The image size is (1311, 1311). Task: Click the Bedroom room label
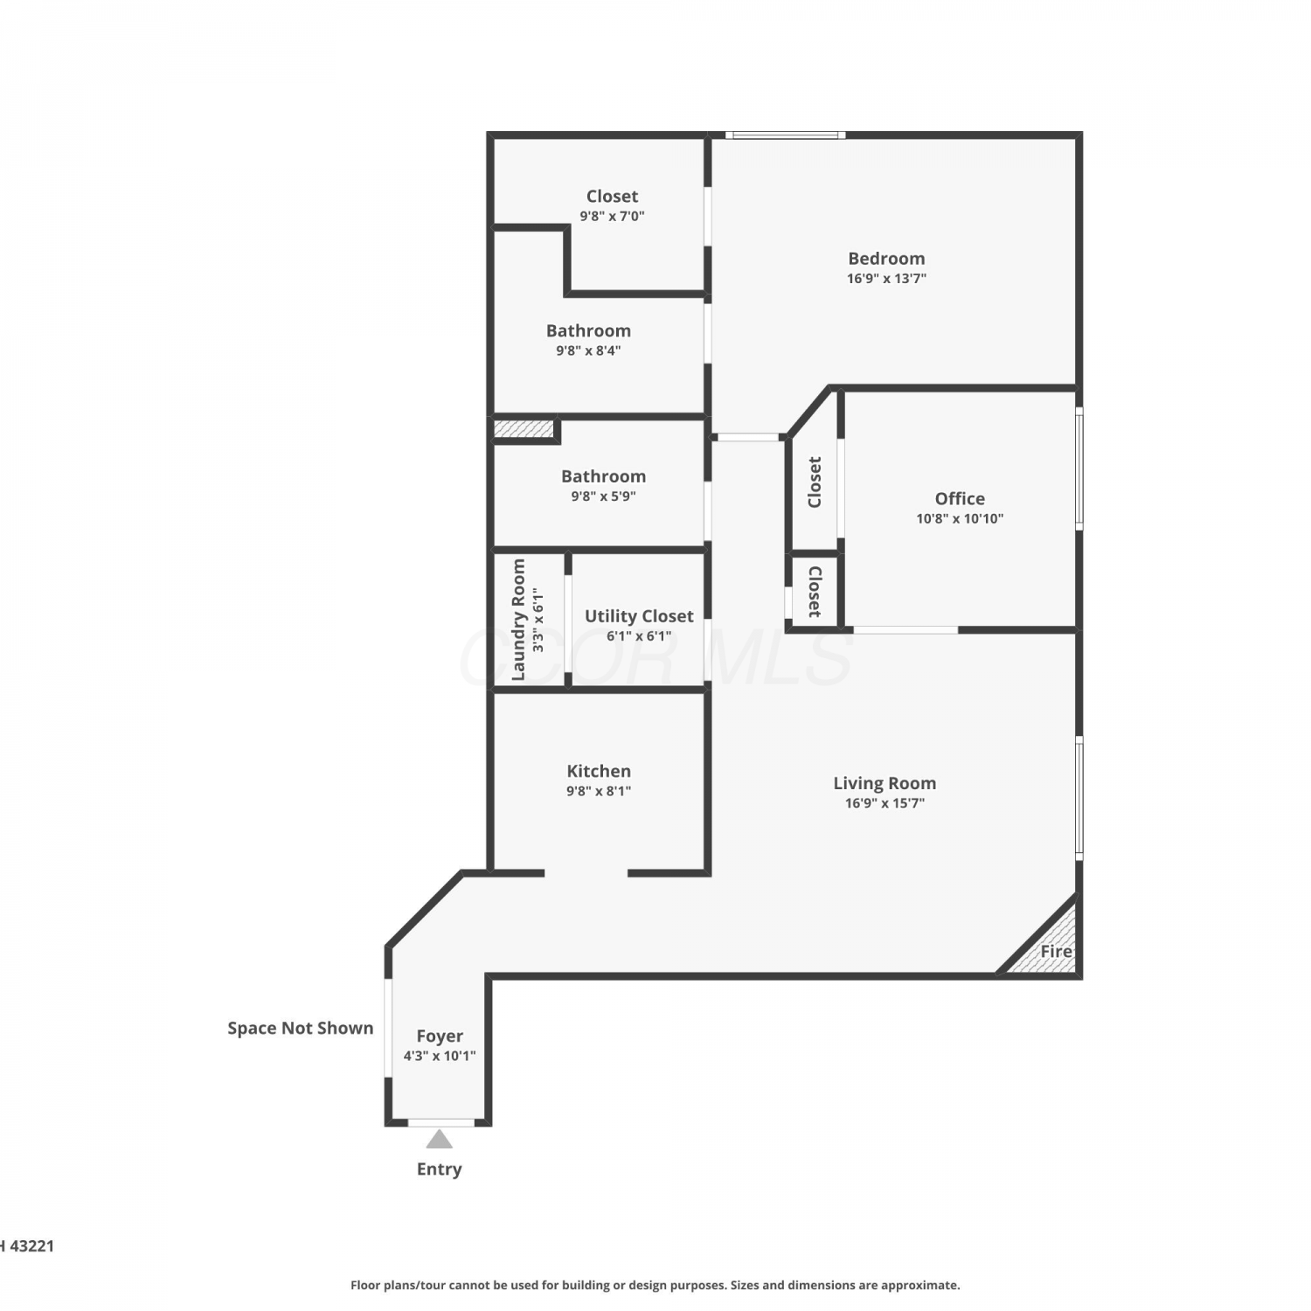tap(886, 259)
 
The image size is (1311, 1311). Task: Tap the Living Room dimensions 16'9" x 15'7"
tap(884, 803)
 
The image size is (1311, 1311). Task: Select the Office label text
tap(960, 498)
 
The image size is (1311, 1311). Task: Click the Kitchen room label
tap(599, 771)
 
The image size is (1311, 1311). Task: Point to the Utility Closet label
tap(639, 616)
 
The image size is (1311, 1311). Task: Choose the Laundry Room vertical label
tap(518, 620)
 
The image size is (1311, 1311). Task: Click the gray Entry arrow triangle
tap(439, 1139)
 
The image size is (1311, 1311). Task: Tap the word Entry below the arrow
tap(439, 1169)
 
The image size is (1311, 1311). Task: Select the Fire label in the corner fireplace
tap(1056, 951)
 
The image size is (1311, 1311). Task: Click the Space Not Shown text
tap(301, 1028)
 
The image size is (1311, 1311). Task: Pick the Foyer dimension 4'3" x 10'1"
tap(440, 1056)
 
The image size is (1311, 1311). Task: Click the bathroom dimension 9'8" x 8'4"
tap(588, 350)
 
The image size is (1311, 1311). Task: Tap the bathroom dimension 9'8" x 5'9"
tap(603, 496)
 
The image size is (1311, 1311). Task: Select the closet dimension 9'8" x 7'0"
tap(612, 216)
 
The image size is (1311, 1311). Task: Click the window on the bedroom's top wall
tap(785, 135)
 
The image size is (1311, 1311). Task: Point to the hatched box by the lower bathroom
tap(524, 429)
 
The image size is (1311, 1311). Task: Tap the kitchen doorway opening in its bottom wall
tap(586, 873)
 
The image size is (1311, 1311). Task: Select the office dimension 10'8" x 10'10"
tap(960, 518)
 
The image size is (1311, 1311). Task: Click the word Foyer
tap(440, 1036)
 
